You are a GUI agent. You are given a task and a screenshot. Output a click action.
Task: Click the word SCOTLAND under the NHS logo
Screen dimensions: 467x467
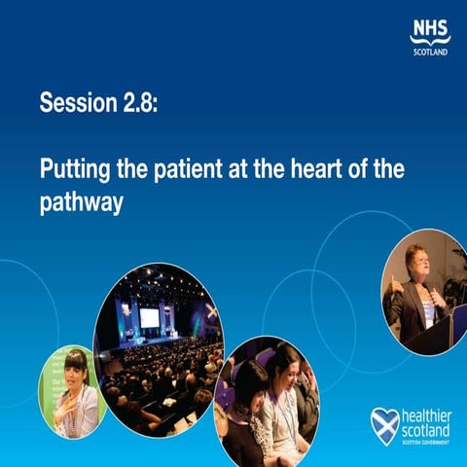click(430, 52)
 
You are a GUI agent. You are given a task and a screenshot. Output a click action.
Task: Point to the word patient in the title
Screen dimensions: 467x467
click(178, 168)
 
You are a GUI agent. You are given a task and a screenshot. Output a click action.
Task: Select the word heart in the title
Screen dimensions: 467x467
click(320, 168)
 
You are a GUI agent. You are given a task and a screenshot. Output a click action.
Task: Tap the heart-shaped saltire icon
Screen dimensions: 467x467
click(384, 424)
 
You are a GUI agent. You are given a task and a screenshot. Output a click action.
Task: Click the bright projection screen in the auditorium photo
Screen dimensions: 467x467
click(150, 317)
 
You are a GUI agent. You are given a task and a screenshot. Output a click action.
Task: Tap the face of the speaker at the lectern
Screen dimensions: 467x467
click(414, 260)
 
